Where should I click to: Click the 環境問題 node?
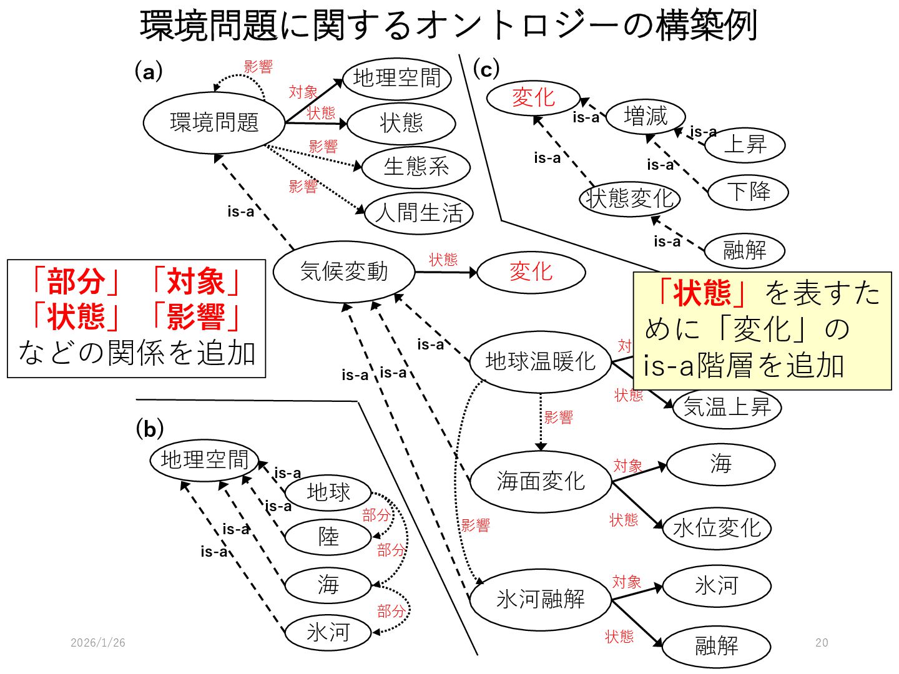(214, 122)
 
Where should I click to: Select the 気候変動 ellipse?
(344, 271)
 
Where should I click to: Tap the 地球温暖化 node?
(540, 361)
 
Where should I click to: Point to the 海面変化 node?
(540, 481)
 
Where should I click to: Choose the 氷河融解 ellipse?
(540, 599)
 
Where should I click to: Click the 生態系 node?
(416, 167)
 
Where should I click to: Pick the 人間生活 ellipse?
(419, 213)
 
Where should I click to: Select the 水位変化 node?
(717, 529)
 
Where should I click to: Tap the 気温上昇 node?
(727, 408)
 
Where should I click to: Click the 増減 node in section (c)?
(646, 116)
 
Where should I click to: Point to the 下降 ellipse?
(749, 191)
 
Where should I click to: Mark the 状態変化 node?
(629, 198)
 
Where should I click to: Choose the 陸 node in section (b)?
(328, 537)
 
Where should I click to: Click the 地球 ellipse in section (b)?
(328, 492)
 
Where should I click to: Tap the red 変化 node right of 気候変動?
(531, 272)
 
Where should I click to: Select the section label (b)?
(150, 429)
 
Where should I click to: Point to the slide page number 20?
(822, 643)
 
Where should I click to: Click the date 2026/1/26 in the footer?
(98, 643)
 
